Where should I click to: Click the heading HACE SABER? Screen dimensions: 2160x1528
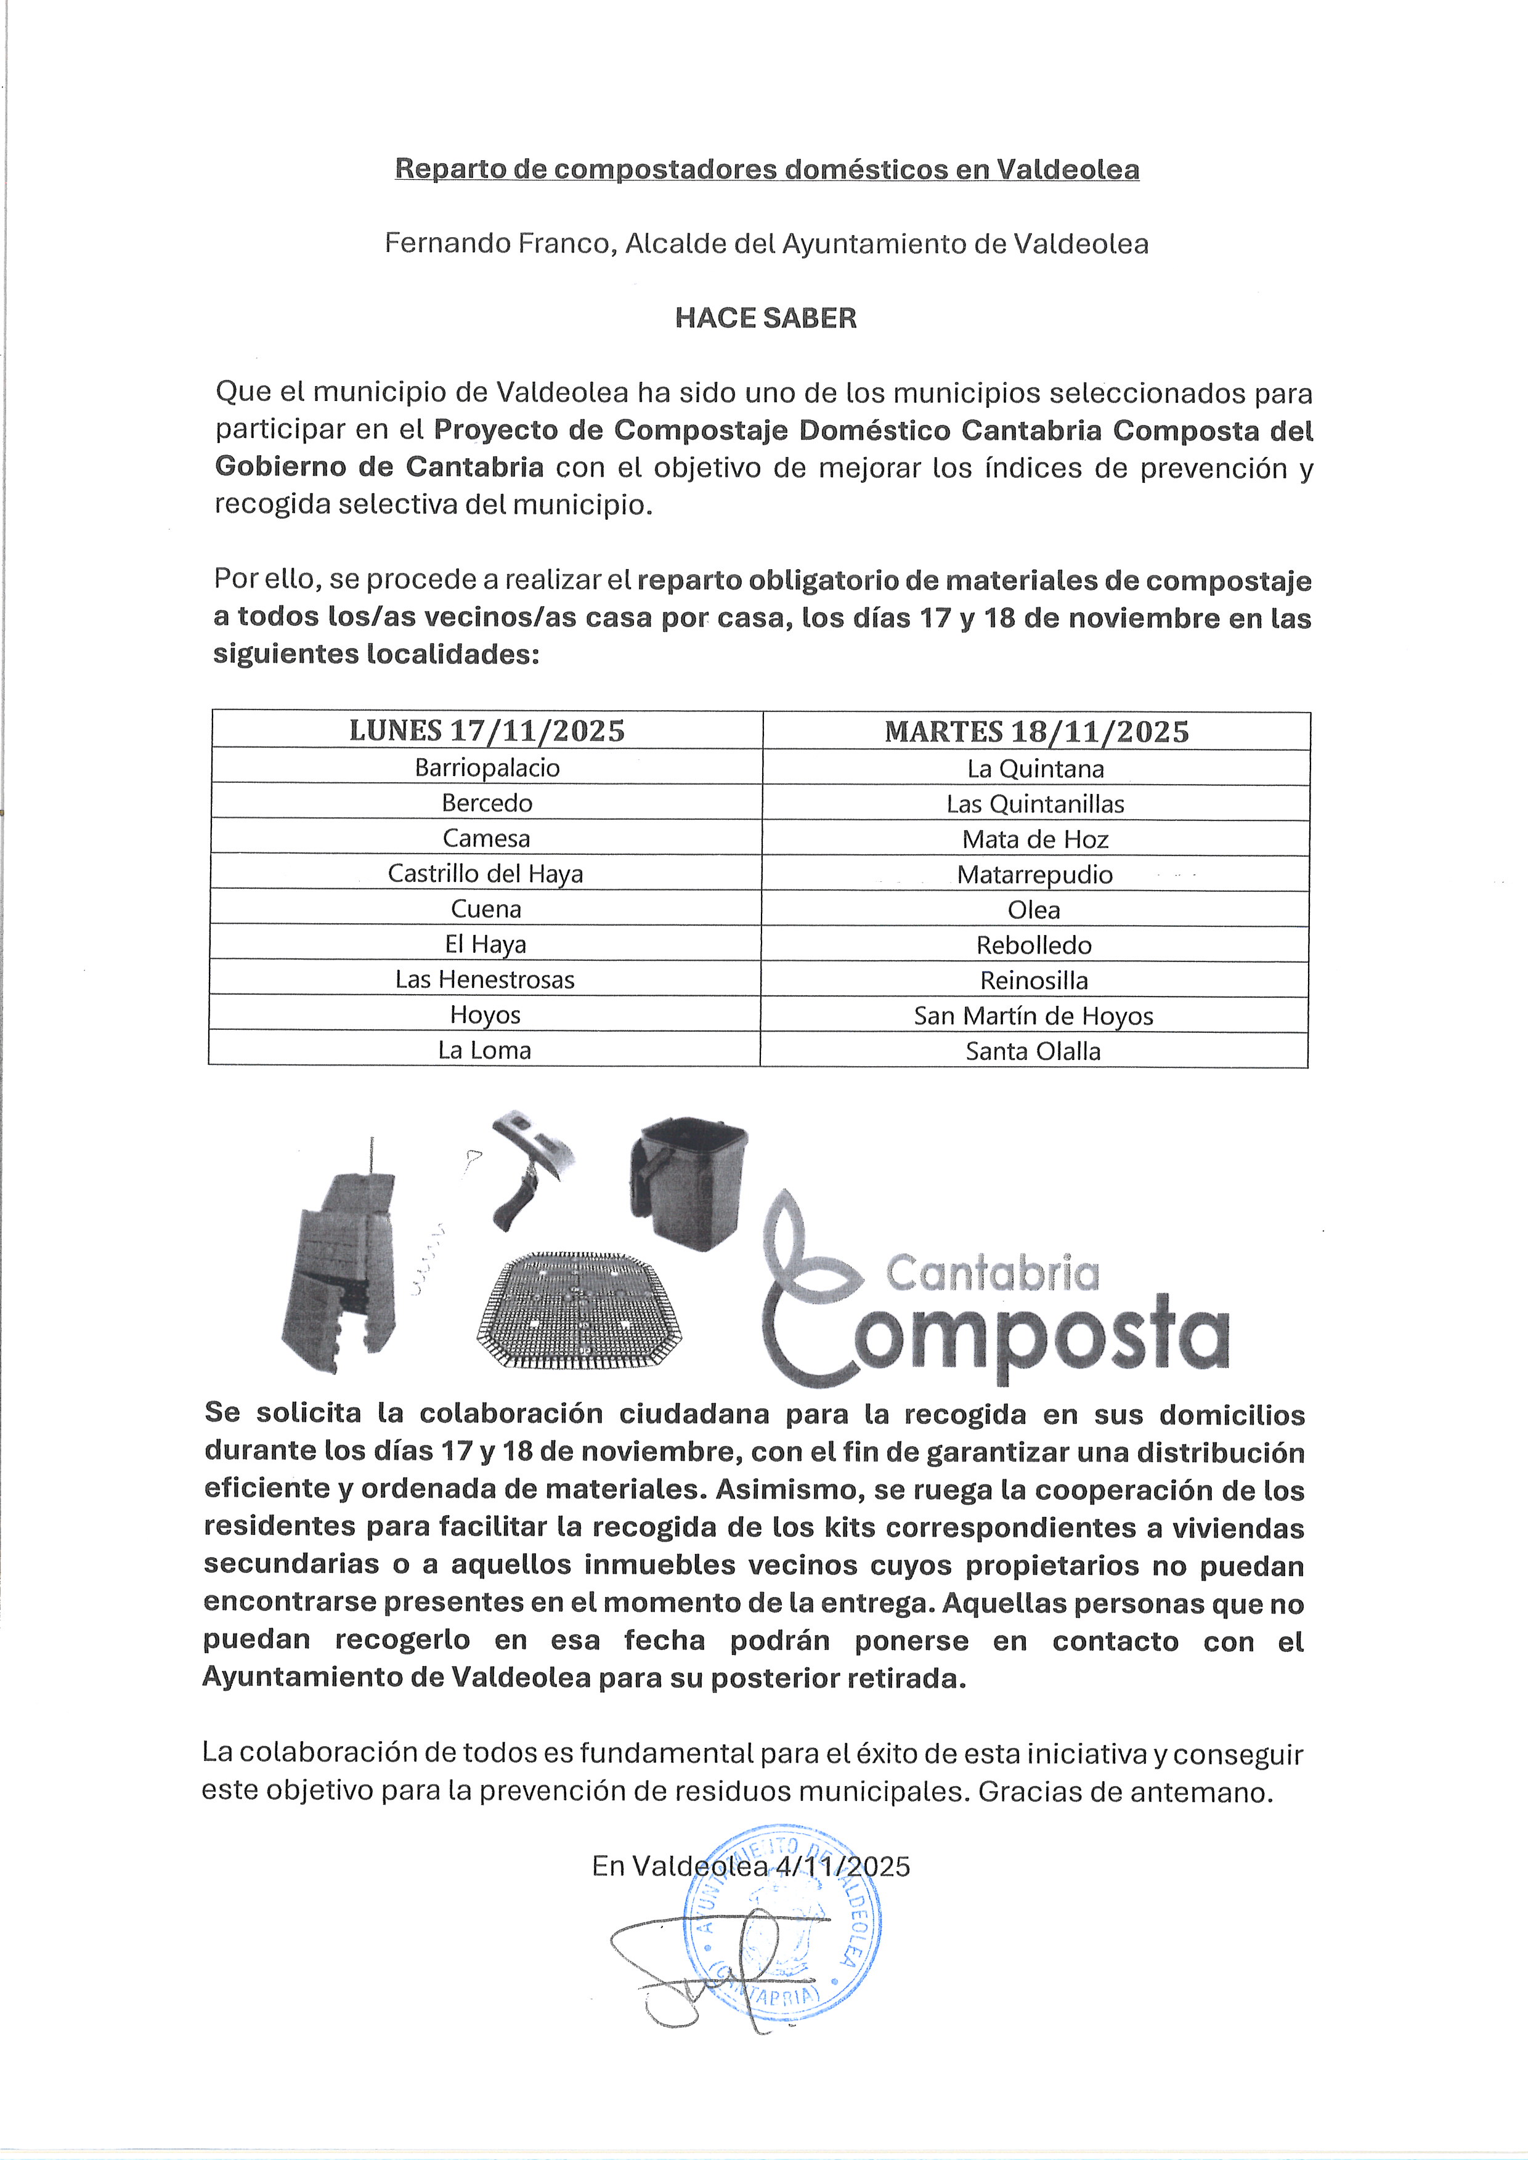765,318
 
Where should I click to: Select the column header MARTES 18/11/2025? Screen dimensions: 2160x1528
1036,732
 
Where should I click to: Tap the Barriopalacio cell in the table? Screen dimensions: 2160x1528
487,767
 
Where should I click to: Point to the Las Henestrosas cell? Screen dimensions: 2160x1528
484,979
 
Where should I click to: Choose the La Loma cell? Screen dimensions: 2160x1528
484,1050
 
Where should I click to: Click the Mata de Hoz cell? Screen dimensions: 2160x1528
1035,839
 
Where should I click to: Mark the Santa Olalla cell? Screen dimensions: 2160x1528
1033,1051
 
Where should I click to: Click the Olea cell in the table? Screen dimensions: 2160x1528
1033,910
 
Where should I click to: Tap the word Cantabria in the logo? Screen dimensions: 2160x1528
992,1274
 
